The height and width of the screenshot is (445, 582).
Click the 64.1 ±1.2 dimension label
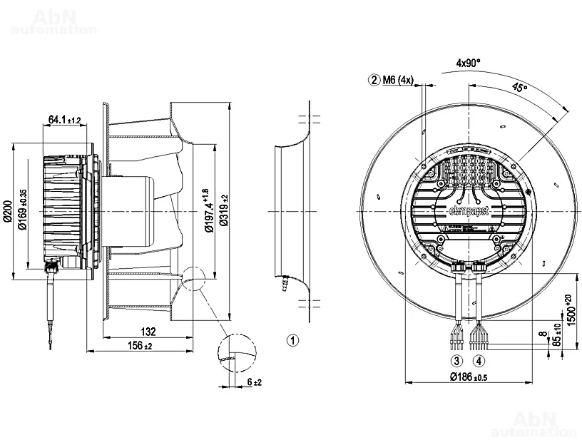point(64,120)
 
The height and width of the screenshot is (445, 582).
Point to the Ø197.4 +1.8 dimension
point(208,211)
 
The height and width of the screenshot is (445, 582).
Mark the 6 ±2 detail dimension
point(255,383)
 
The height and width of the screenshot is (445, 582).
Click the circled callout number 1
point(292,339)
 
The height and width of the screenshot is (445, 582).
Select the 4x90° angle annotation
point(469,63)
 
